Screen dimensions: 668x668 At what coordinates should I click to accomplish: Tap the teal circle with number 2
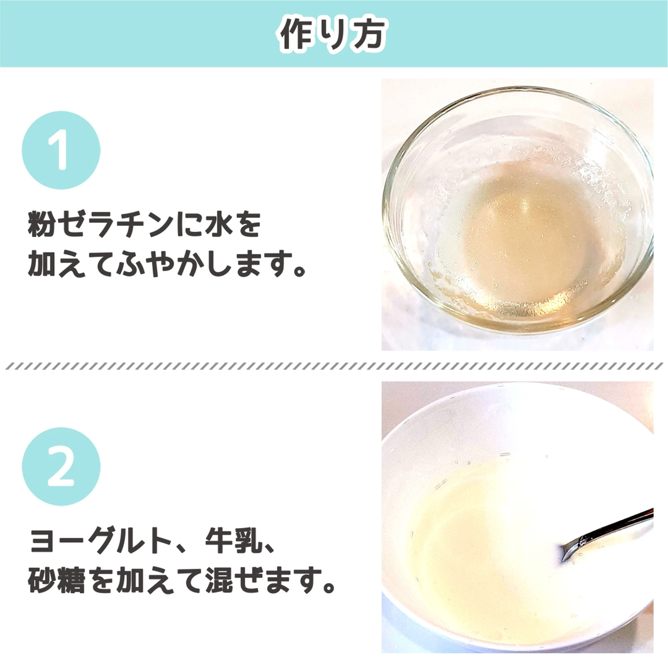[61, 466]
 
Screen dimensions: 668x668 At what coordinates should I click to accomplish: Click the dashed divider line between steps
[334, 366]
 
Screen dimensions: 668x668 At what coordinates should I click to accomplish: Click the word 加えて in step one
[71, 264]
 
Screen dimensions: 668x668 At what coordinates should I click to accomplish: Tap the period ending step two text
[329, 587]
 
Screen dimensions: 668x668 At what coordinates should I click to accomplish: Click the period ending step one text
[300, 270]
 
